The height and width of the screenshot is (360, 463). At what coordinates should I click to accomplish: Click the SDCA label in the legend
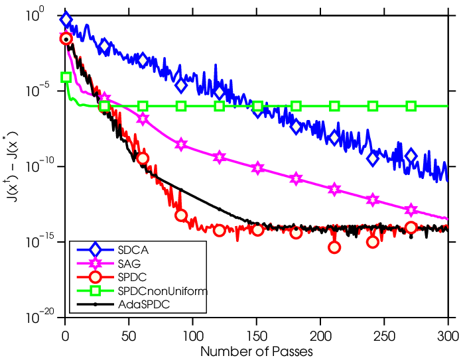[133, 250]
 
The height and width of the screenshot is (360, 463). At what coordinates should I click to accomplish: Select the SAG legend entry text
[129, 263]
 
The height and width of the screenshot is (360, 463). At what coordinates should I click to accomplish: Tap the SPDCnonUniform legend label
[163, 291]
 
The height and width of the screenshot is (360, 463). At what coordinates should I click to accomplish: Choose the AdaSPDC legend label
[143, 304]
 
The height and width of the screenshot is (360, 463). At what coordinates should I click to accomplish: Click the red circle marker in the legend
[95, 277]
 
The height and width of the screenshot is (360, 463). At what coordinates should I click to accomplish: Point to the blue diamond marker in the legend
[95, 250]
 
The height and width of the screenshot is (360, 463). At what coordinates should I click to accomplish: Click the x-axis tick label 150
[257, 336]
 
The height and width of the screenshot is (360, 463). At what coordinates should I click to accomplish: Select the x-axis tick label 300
[448, 336]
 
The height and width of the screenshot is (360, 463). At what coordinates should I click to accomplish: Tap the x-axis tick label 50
[129, 336]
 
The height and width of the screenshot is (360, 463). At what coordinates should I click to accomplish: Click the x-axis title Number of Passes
[256, 352]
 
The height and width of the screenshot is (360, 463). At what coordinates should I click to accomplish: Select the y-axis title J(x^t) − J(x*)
[13, 166]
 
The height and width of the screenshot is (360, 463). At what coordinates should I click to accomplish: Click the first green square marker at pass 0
[66, 78]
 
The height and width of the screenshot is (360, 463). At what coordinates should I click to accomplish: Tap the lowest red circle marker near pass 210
[334, 247]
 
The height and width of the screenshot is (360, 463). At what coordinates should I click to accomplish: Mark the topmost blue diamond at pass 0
[66, 19]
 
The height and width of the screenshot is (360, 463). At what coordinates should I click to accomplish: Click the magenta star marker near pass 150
[258, 168]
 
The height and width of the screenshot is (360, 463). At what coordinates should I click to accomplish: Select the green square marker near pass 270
[411, 106]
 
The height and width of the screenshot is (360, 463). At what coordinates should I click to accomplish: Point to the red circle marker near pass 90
[181, 215]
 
